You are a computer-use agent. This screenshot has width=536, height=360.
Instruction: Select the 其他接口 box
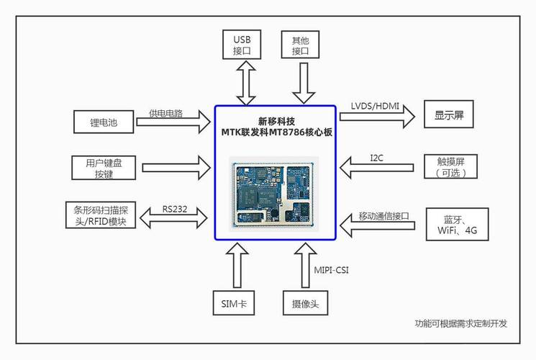[x=301, y=44]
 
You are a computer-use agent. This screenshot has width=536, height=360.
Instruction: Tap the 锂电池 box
[x=104, y=120]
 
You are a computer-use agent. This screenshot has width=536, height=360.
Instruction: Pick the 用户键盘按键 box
[x=104, y=168]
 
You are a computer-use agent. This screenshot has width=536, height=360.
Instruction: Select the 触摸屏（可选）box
[x=452, y=167]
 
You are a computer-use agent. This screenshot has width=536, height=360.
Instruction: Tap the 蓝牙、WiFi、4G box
[x=457, y=225]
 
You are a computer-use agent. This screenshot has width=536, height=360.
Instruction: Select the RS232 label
[x=175, y=209]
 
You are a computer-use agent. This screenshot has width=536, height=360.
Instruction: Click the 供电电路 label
[x=166, y=113]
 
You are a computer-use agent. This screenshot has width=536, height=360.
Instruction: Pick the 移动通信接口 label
[x=383, y=216]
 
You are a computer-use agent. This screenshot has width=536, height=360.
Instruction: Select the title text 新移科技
[x=276, y=120]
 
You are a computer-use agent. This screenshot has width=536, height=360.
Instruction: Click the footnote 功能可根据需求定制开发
[x=461, y=323]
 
